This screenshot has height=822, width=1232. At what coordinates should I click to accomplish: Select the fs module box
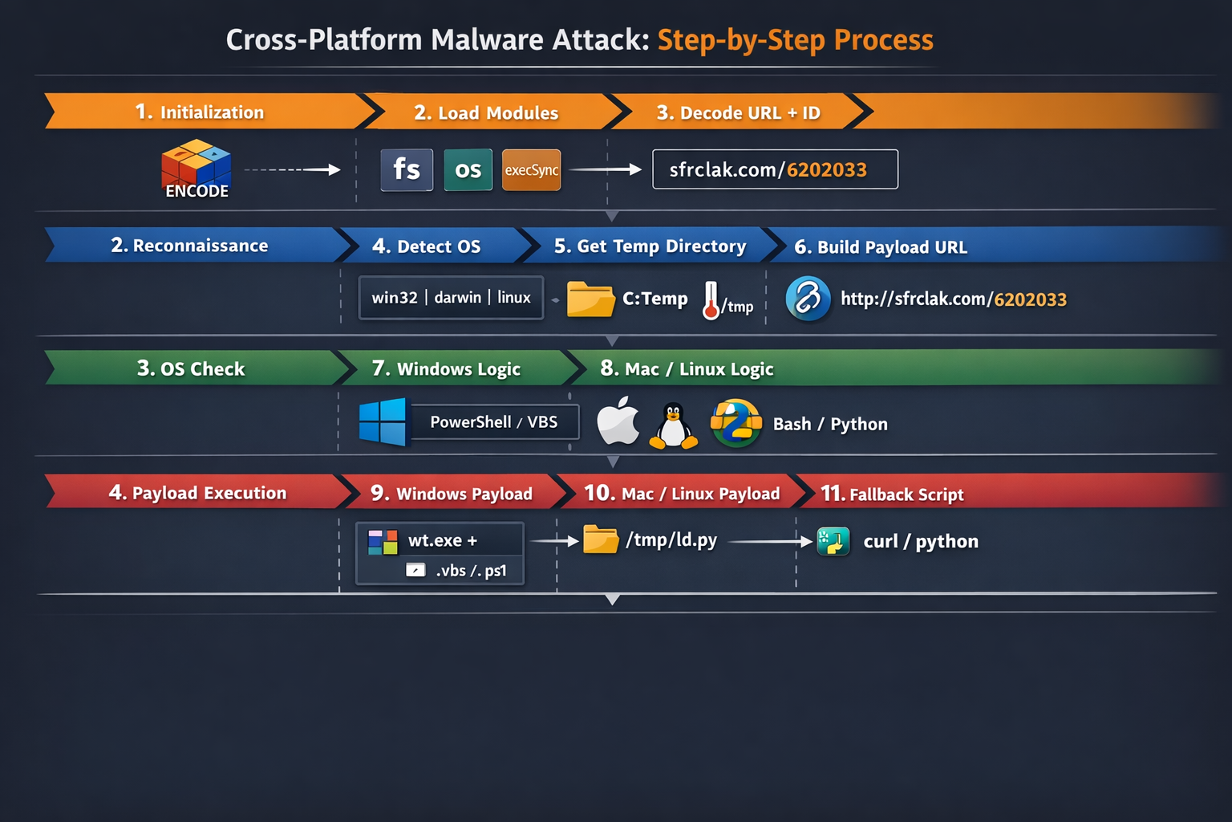[x=407, y=169]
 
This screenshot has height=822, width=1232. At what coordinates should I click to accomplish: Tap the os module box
[x=468, y=169]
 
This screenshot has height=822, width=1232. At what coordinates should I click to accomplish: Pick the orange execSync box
[x=531, y=169]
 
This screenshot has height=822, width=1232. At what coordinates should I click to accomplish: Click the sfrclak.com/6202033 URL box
[x=775, y=169]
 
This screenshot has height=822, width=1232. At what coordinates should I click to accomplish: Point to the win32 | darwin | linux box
[x=451, y=298]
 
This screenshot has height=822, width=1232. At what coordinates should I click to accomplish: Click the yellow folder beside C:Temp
[x=590, y=299]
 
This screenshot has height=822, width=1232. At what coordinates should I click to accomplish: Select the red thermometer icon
[x=711, y=300]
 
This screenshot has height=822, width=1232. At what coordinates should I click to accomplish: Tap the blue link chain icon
[x=808, y=299]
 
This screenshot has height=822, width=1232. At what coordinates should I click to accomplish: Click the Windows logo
[x=383, y=421]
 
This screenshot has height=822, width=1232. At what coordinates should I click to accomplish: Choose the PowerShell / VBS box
[x=494, y=422]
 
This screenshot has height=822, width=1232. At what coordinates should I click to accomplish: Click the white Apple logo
[x=618, y=421]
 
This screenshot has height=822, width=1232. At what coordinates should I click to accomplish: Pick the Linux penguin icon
[x=673, y=425]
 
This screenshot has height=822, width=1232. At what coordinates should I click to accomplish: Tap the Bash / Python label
[x=830, y=424]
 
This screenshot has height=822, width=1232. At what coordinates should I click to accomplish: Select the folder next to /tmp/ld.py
[x=601, y=539]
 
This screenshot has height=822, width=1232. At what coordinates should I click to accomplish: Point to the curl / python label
[x=921, y=541]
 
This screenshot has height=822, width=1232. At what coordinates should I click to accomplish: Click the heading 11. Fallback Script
[x=892, y=494]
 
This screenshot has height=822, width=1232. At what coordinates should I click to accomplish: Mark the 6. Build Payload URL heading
[x=881, y=246]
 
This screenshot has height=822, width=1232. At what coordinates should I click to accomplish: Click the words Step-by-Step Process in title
[x=795, y=39]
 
